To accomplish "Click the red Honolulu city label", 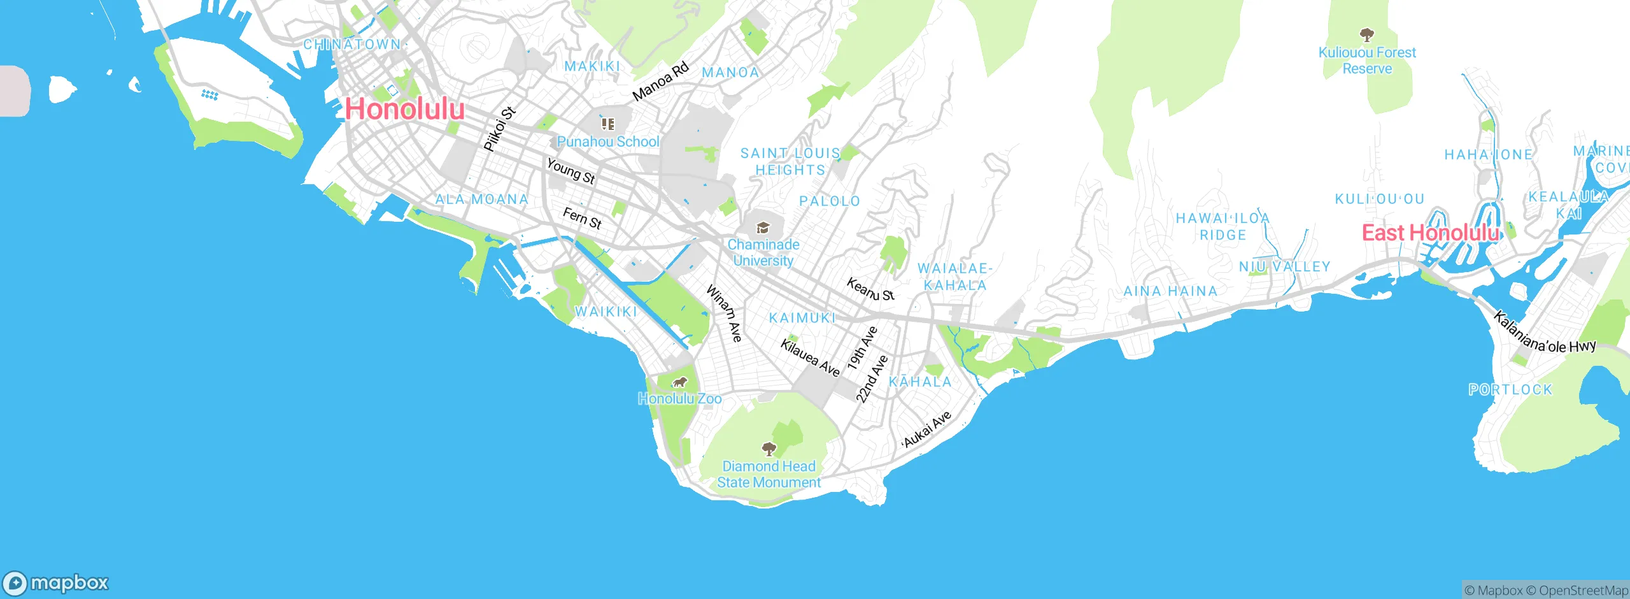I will click(405, 109).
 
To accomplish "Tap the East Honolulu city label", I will click(1430, 233).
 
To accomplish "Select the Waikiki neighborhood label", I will click(606, 312).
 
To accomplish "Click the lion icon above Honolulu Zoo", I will click(680, 382).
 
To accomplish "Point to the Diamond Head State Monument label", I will click(769, 474).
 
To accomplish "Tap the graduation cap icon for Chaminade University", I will click(763, 227).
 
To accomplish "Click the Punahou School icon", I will click(608, 124).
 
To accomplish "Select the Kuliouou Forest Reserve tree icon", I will click(1366, 34).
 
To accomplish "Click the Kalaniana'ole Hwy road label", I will click(1545, 333).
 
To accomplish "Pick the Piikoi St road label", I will click(499, 129).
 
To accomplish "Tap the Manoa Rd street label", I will click(661, 82).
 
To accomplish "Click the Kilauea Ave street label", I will click(811, 358).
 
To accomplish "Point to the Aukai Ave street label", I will click(927, 429).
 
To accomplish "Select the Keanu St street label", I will click(870, 289).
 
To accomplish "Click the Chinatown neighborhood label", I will click(352, 45).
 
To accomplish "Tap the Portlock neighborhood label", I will click(1510, 389).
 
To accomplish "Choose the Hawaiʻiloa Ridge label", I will click(1222, 226).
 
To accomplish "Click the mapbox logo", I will click(56, 582).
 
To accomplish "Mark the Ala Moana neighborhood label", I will click(482, 199).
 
